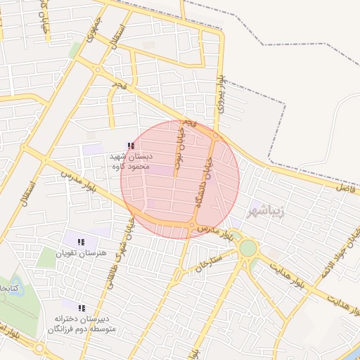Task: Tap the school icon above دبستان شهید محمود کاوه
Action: point(130,146)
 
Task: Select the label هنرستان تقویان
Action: point(84,252)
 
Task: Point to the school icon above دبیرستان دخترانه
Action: point(82,308)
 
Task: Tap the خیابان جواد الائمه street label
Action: point(348,250)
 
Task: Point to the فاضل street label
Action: point(347,188)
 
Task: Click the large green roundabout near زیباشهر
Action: point(247,247)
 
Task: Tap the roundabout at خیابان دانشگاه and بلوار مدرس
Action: point(193,225)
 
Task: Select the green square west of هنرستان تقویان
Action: point(46,257)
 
